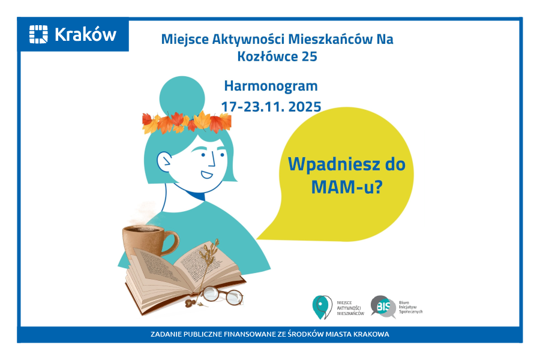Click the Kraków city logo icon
[39, 34]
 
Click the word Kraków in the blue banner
[85, 35]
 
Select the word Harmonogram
[271, 86]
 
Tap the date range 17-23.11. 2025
[271, 107]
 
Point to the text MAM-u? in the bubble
[347, 187]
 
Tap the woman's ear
[164, 161]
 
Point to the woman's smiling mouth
[207, 175]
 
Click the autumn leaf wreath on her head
[186, 122]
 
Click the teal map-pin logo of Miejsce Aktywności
[322, 307]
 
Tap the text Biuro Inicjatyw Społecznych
[411, 307]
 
